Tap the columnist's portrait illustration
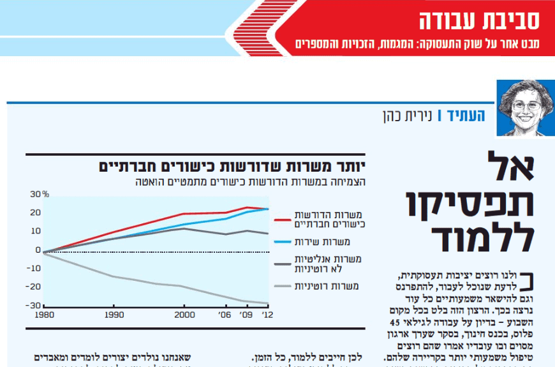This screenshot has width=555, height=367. (x=525, y=108)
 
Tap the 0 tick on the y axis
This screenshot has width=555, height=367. (x=38, y=250)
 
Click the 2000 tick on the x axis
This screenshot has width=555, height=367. (x=184, y=315)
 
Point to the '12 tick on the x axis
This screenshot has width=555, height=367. (x=268, y=315)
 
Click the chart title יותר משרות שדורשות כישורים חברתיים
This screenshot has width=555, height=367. (x=235, y=167)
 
